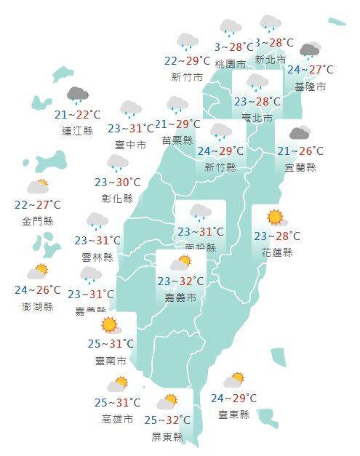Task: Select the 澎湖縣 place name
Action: pyautogui.click(x=38, y=306)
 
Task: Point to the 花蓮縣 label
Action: pyautogui.click(x=276, y=252)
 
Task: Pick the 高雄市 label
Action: pyautogui.click(x=117, y=419)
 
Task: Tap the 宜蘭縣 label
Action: pyautogui.click(x=301, y=167)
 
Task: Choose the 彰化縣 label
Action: pyautogui.click(x=119, y=199)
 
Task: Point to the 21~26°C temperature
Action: pyautogui.click(x=301, y=151)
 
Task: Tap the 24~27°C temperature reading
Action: pyautogui.click(x=311, y=70)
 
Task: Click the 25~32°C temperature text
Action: pyautogui.click(x=167, y=420)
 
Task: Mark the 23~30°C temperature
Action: pyautogui.click(x=119, y=183)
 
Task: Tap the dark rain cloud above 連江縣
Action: pyautogui.click(x=77, y=95)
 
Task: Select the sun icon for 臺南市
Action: pyautogui.click(x=110, y=324)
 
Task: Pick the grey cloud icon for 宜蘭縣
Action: pyautogui.click(x=300, y=133)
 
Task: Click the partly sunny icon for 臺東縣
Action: pyautogui.click(x=234, y=379)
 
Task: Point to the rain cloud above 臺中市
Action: pyautogui.click(x=131, y=110)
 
